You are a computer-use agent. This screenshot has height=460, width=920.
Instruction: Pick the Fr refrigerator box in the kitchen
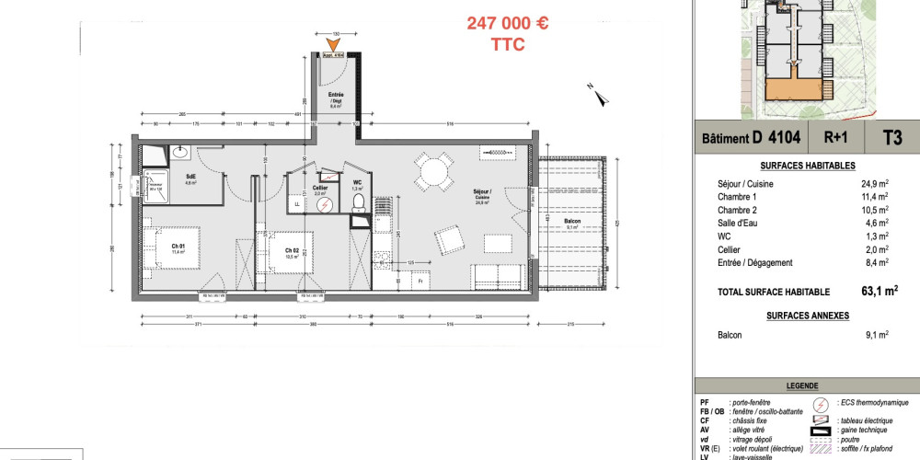tap(419, 281)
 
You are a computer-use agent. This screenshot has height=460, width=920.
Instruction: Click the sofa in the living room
tap(498, 275)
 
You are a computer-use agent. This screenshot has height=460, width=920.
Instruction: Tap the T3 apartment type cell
tap(891, 138)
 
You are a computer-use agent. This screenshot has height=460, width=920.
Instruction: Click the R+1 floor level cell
tap(835, 138)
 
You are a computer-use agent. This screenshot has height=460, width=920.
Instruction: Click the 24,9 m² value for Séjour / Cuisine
tap(874, 184)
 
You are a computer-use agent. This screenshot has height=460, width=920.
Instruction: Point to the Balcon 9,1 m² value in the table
tap(877, 335)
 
